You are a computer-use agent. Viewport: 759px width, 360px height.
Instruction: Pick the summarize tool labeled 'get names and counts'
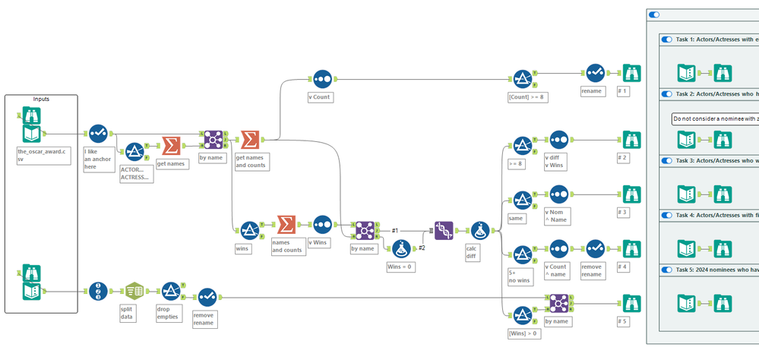pos(249,140)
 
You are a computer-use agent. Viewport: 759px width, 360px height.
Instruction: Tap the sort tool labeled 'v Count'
pos(322,79)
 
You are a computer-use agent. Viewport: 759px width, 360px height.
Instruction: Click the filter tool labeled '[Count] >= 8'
pos(522,79)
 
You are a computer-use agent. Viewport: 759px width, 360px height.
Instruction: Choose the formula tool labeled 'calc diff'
pos(480,229)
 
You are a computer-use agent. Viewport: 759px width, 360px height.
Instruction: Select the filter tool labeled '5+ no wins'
pos(522,252)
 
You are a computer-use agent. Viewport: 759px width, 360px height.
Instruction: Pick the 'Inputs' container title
pos(41,99)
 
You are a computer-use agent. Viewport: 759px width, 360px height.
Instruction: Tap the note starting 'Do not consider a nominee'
pos(714,119)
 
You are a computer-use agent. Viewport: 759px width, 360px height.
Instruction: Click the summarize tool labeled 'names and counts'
pos(286,226)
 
